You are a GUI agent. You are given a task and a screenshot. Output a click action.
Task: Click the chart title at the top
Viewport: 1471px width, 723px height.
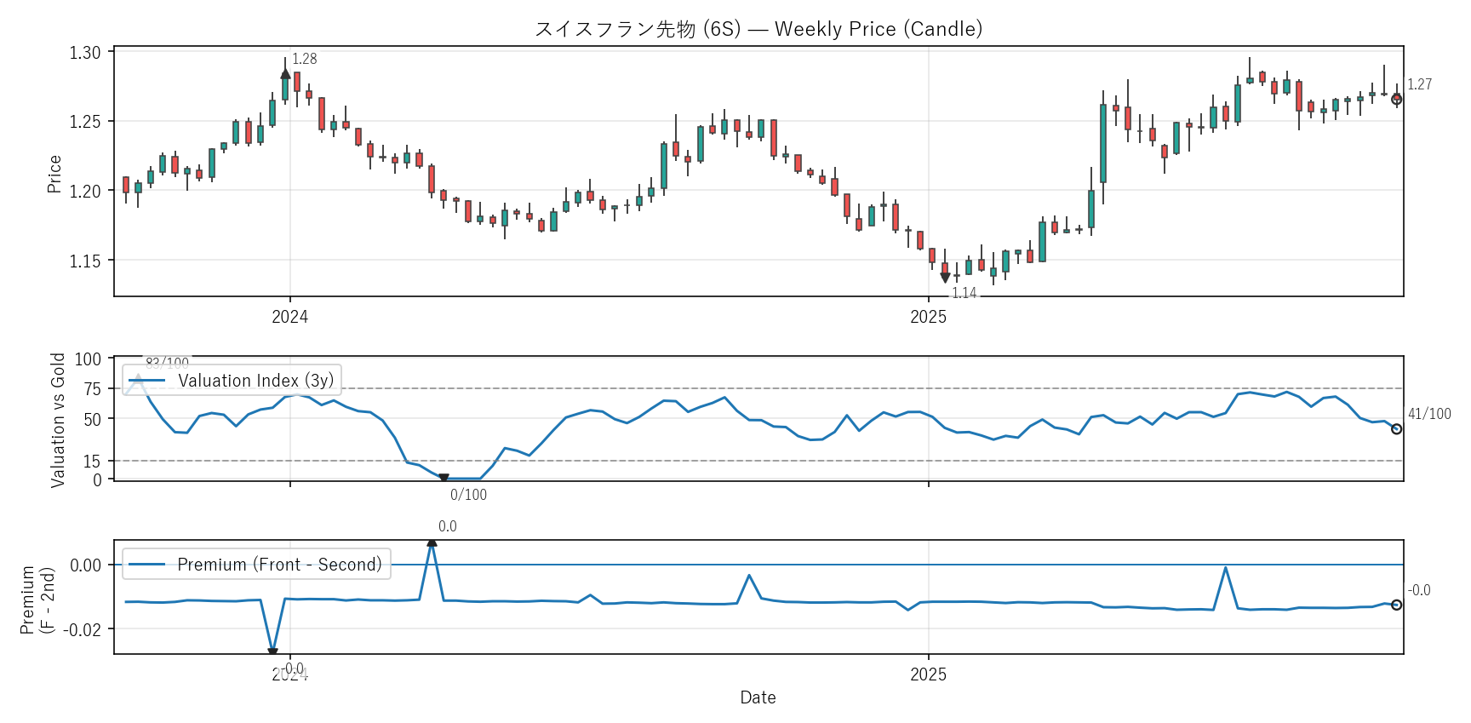758,29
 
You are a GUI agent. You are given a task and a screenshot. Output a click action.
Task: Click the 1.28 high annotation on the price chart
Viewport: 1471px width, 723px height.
304,59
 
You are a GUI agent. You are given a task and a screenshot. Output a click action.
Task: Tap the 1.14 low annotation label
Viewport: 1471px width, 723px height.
964,293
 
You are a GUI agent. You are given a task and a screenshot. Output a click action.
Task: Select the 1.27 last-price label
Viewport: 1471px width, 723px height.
1419,84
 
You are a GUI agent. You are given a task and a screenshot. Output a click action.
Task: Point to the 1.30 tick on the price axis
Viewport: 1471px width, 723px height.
85,53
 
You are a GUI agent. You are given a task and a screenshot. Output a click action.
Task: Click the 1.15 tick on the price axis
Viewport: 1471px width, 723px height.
85,261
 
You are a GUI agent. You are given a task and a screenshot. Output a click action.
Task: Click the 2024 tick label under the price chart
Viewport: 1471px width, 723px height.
289,317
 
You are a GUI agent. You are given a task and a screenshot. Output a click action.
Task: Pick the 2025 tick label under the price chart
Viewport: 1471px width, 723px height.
928,317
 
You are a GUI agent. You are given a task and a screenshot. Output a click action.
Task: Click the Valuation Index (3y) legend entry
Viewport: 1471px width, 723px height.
255,381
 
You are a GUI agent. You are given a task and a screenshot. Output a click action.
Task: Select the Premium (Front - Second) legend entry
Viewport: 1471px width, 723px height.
279,565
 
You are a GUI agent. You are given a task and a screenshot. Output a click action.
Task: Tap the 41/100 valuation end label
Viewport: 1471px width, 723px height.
1429,414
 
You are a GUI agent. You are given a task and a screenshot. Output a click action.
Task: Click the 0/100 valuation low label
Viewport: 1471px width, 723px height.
468,495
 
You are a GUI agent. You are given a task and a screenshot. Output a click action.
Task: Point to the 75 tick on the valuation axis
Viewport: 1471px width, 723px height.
92,389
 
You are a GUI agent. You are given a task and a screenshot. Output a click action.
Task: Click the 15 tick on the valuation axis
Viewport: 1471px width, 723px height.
92,462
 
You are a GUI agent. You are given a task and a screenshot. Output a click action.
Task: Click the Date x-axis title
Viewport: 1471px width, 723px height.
758,697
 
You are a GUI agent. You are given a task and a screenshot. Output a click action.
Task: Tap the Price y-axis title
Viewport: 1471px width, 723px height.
54,174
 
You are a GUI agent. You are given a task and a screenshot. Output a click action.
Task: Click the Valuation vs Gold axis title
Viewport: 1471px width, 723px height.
58,420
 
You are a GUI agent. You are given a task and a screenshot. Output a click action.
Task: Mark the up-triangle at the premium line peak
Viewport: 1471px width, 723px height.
432,542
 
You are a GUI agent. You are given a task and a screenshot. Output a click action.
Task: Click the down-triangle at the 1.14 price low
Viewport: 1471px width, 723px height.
945,278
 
